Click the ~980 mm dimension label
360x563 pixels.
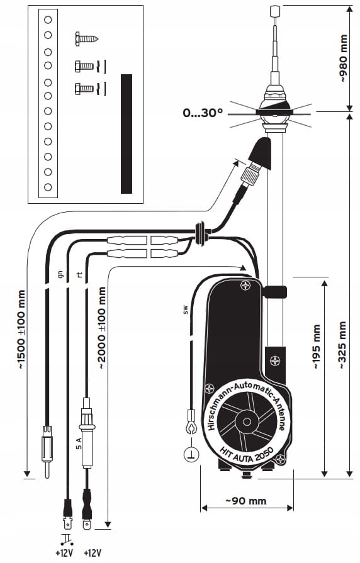344,58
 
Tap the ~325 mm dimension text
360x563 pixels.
342,345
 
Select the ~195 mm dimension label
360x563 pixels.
317,347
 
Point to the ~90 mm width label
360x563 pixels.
246,501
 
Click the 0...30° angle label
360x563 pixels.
203,113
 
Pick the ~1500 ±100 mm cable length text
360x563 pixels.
21,329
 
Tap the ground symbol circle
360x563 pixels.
191,455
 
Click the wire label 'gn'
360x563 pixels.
60,275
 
